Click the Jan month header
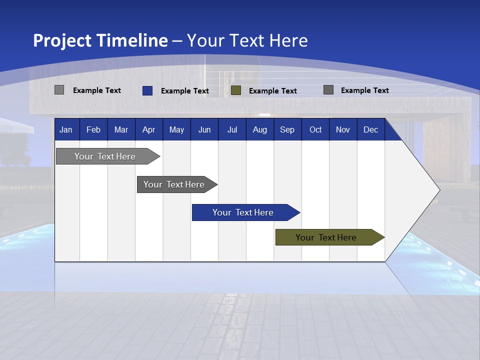point(66,130)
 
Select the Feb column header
point(93,130)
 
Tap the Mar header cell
point(121,130)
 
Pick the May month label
point(176,130)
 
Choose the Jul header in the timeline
point(232,130)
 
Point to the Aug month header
point(260,130)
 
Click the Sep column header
point(287,130)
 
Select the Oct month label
point(315,130)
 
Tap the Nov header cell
point(343,130)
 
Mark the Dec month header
point(370,130)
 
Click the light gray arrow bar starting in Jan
point(105,156)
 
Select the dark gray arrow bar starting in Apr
point(174,184)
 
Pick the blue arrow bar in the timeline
point(243,212)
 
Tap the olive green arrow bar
point(326,237)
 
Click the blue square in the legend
point(147,90)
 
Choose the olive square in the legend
point(236,90)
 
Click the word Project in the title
point(62,40)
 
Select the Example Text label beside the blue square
point(185,91)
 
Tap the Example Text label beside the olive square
point(273,91)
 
